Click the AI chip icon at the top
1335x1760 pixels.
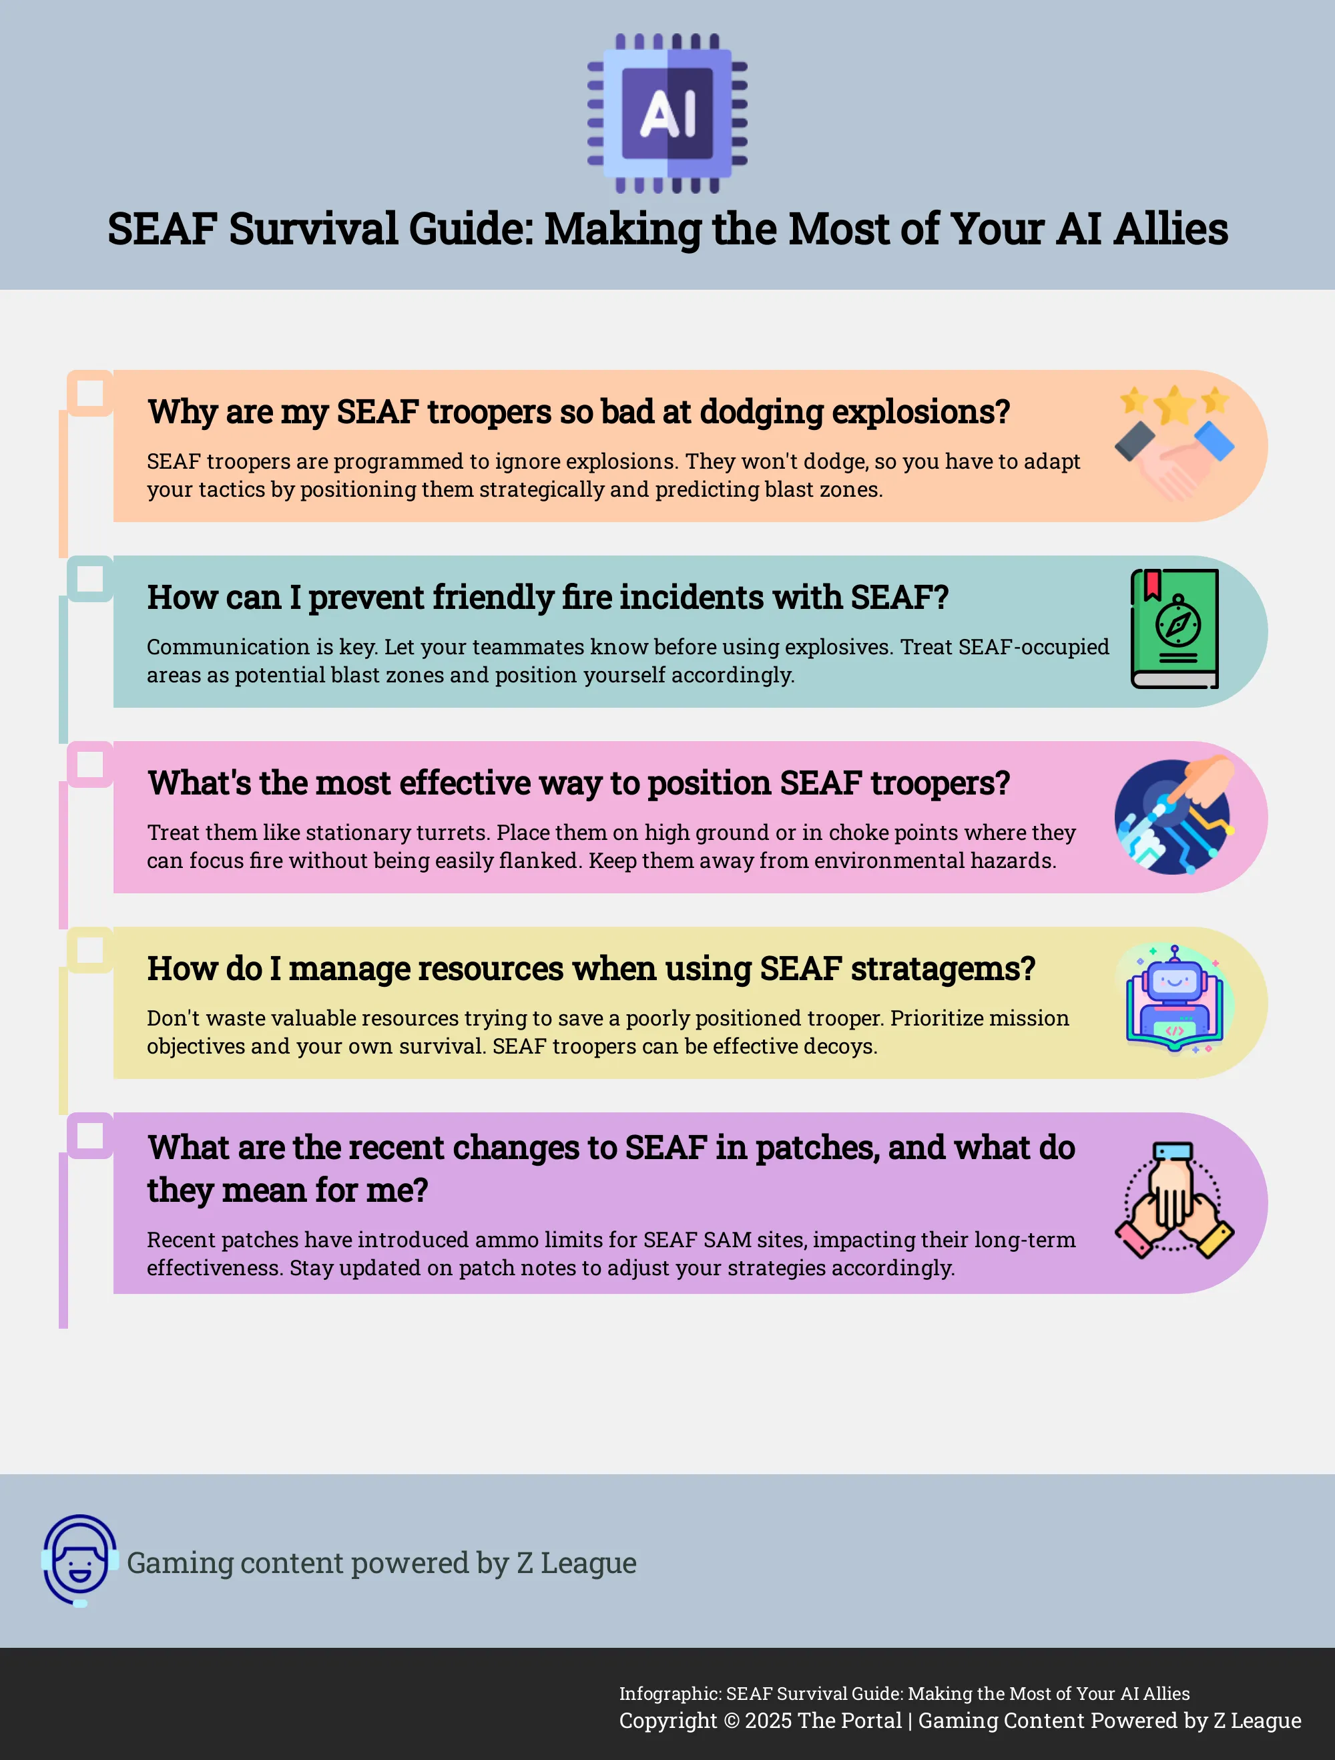[x=667, y=113]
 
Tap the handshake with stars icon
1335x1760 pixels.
[x=1174, y=444]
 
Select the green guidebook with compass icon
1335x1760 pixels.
[x=1174, y=628]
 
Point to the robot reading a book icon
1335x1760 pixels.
[x=1174, y=1000]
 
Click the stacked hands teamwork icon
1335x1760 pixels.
[x=1174, y=1200]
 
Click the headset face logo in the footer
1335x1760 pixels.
[x=79, y=1560]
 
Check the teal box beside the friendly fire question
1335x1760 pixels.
[x=90, y=578]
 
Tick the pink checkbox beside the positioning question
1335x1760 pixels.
[x=90, y=764]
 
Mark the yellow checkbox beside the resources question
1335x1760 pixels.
[x=90, y=950]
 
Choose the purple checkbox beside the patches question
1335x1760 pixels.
[x=90, y=1136]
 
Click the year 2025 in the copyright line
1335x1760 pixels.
[x=768, y=1720]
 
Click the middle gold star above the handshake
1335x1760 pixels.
[x=1174, y=405]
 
